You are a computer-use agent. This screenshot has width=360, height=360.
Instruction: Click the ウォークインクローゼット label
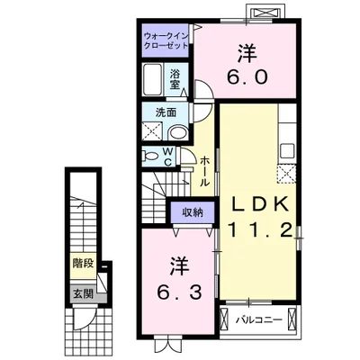pyautogui.click(x=166, y=40)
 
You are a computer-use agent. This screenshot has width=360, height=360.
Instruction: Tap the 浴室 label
pyautogui.click(x=175, y=79)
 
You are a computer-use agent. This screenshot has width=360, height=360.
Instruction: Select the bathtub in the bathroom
pyautogui.click(x=153, y=79)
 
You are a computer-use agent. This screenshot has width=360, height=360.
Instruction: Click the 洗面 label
pyautogui.click(x=166, y=112)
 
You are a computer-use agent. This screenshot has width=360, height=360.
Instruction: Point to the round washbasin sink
pyautogui.click(x=178, y=133)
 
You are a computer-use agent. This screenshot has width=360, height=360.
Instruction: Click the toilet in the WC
pyautogui.click(x=151, y=157)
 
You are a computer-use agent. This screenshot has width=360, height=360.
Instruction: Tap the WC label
pyautogui.click(x=167, y=157)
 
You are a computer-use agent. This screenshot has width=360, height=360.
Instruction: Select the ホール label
pyautogui.click(x=204, y=171)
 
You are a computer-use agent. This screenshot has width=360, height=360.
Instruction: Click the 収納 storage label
pyautogui.click(x=193, y=212)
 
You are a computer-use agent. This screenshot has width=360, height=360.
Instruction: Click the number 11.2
pyautogui.click(x=260, y=230)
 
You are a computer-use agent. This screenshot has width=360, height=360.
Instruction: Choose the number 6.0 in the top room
pyautogui.click(x=247, y=77)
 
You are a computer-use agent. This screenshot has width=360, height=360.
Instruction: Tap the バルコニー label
pyautogui.click(x=258, y=319)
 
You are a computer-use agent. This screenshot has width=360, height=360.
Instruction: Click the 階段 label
pyautogui.click(x=83, y=264)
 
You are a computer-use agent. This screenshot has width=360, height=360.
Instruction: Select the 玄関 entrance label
pyautogui.click(x=83, y=294)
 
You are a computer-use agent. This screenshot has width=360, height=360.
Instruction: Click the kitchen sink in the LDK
pyautogui.click(x=287, y=151)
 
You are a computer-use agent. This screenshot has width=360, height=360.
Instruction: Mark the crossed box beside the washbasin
pyautogui.click(x=152, y=131)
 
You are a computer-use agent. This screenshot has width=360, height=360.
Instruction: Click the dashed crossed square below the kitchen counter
pyautogui.click(x=286, y=174)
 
